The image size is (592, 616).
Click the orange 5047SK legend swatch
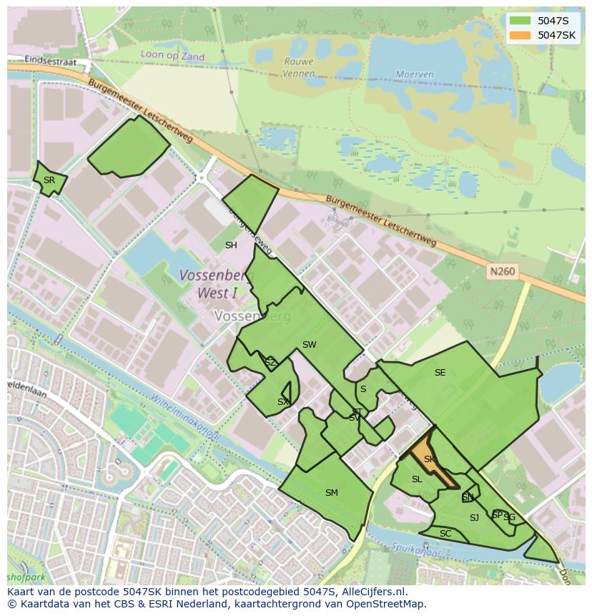(x=521, y=35)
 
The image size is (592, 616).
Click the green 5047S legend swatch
(x=521, y=21)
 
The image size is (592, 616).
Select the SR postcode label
(x=49, y=180)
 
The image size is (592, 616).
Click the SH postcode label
(x=231, y=245)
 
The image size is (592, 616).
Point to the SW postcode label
(x=309, y=345)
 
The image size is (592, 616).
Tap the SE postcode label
(x=440, y=373)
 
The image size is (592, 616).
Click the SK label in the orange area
(x=429, y=459)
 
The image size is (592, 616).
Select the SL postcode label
(x=417, y=479)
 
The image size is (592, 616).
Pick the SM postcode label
(x=331, y=493)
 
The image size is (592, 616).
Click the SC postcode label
(x=445, y=534)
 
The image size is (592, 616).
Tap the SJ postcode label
(x=474, y=518)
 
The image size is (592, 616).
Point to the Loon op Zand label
(x=172, y=57)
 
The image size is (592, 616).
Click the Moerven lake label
(x=415, y=74)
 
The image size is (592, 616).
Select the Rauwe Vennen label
(x=298, y=67)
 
